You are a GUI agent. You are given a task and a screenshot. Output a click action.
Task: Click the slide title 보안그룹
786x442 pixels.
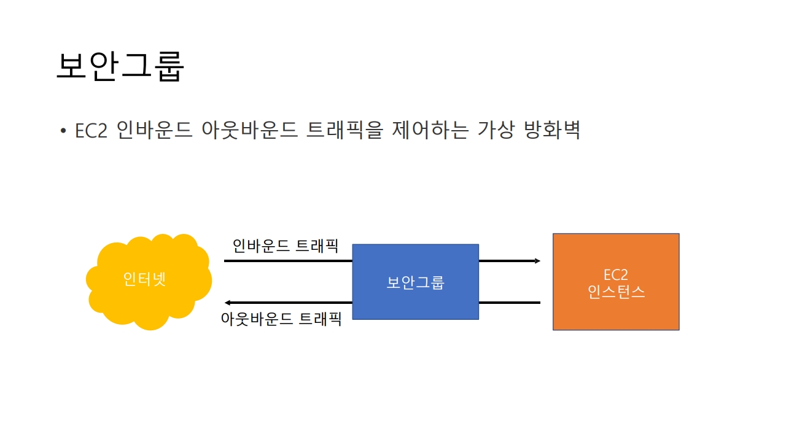tap(120, 66)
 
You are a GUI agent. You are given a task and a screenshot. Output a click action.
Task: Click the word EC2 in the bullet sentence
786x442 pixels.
tap(91, 131)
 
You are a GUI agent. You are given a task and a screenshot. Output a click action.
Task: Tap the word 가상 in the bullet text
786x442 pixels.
tap(496, 131)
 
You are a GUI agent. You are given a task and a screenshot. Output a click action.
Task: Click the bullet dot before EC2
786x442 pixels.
tap(63, 131)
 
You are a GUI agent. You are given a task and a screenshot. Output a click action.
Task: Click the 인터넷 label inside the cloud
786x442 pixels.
tap(145, 279)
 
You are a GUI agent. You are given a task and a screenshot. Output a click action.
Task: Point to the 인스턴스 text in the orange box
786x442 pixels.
tap(616, 292)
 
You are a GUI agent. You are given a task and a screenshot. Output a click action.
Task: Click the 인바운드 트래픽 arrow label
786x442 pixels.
tap(286, 246)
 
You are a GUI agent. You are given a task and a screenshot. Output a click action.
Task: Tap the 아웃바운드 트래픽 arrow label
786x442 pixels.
tap(281, 319)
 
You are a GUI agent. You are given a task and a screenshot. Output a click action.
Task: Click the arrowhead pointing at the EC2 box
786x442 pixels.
tap(537, 261)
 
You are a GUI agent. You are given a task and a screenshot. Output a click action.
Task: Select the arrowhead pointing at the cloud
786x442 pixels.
tap(228, 303)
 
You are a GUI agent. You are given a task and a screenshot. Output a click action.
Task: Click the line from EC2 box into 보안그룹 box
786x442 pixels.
tap(510, 303)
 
